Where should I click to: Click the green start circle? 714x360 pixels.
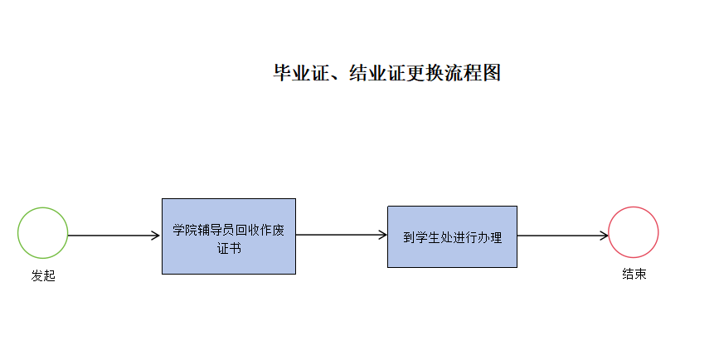[x=43, y=232]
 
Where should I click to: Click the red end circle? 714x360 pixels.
[x=634, y=232]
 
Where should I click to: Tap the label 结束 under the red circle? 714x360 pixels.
[x=634, y=275]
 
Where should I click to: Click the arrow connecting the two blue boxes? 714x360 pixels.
[x=341, y=235]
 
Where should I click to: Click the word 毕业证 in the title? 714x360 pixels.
[x=301, y=73]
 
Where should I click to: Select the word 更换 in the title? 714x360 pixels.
[x=425, y=73]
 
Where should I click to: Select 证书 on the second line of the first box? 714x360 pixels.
[x=229, y=247]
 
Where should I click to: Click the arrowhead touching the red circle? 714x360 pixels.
[x=604, y=236]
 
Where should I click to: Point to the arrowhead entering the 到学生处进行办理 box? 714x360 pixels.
[x=382, y=235]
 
